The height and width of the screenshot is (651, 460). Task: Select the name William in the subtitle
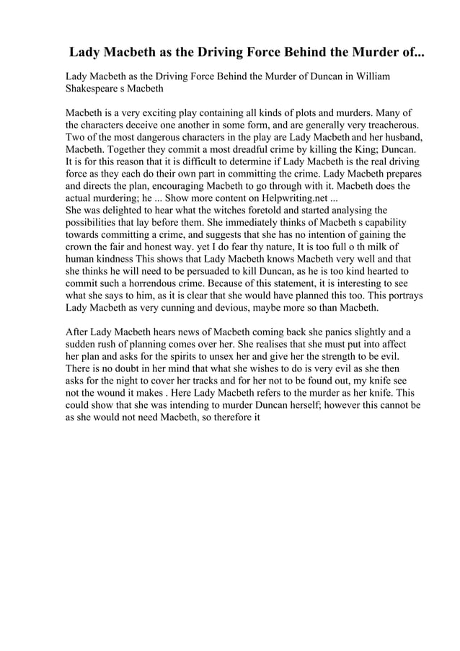coord(373,76)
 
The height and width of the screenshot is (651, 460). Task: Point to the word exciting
coord(168,115)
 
